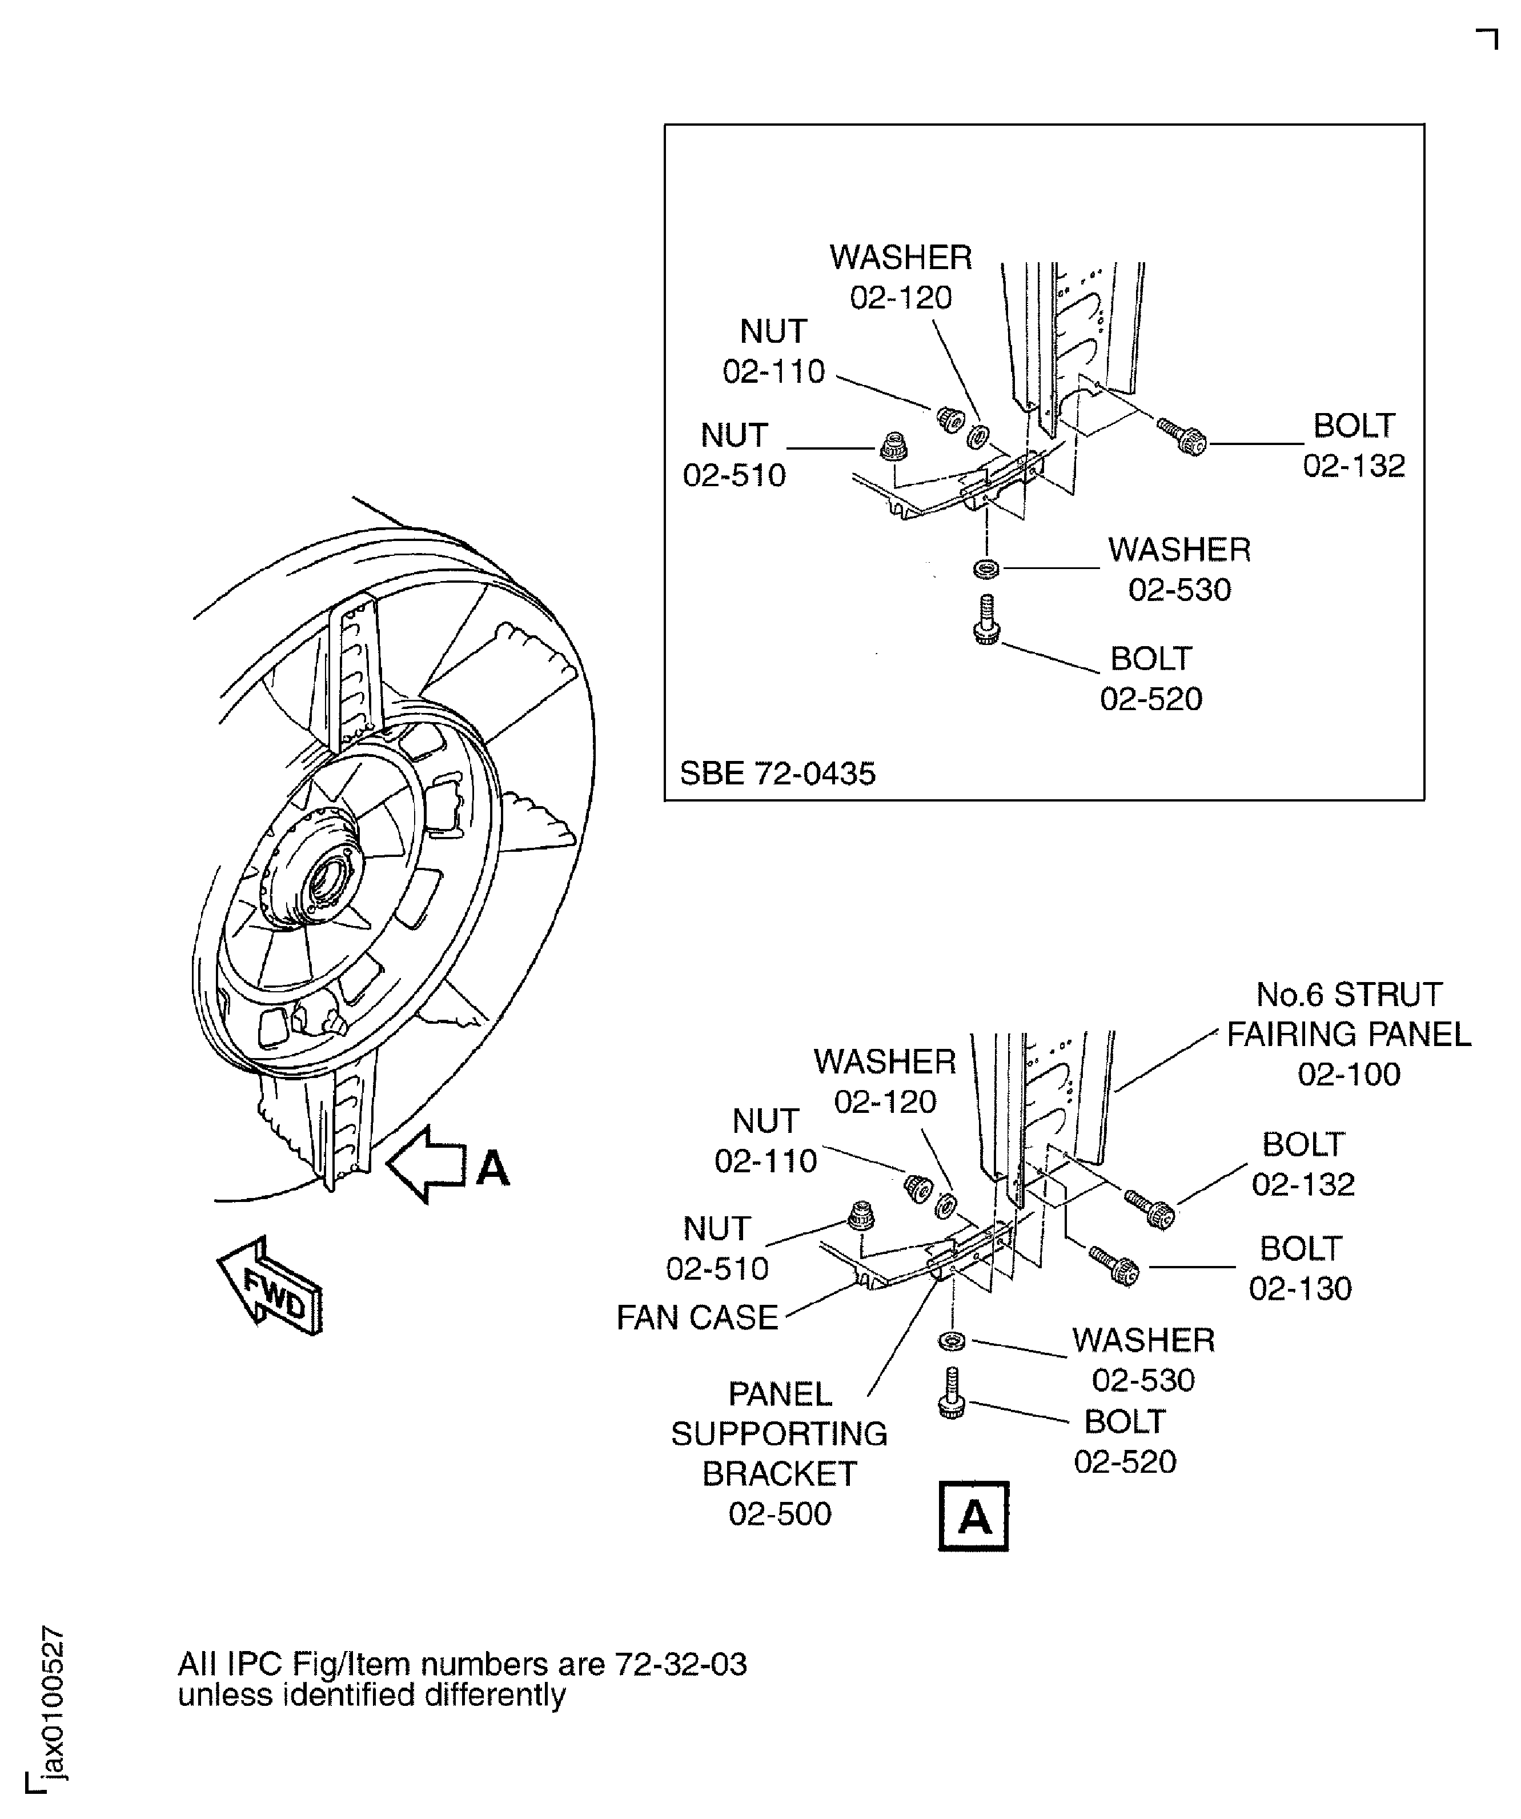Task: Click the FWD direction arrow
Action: tap(270, 1287)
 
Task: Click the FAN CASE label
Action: tap(697, 1317)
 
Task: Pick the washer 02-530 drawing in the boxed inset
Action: tap(986, 569)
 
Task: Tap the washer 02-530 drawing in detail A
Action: tap(952, 1341)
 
